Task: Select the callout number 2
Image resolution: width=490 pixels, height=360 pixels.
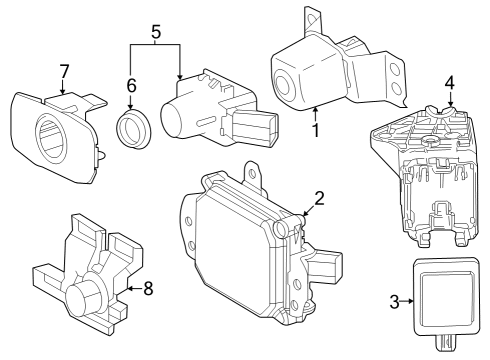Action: coord(319,198)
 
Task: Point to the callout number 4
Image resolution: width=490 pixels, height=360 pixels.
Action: coord(451,83)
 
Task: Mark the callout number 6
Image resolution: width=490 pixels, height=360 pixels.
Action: coord(131,87)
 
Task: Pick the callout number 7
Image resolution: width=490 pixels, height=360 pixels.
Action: coord(63,71)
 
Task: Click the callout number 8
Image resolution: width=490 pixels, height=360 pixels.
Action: coord(149,289)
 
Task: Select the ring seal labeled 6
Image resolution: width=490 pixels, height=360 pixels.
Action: coord(131,130)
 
